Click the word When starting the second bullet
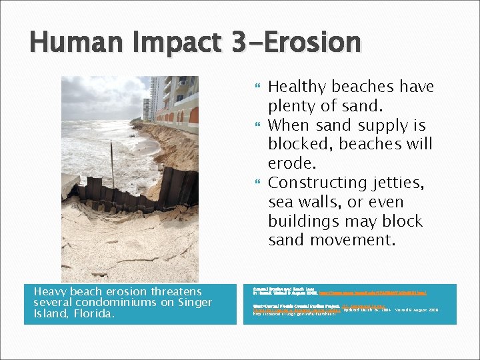[x=289, y=125]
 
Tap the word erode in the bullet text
[x=289, y=163]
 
